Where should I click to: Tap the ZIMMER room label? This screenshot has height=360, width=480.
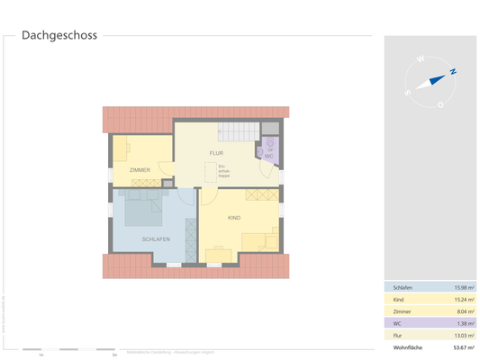(140, 170)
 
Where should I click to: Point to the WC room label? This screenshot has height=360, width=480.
(269, 156)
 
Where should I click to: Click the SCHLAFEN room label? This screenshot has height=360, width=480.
(156, 238)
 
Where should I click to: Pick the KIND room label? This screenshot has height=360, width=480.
(234, 218)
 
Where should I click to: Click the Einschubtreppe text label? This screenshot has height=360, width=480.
(224, 170)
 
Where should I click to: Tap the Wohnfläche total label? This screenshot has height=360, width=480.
(406, 346)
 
